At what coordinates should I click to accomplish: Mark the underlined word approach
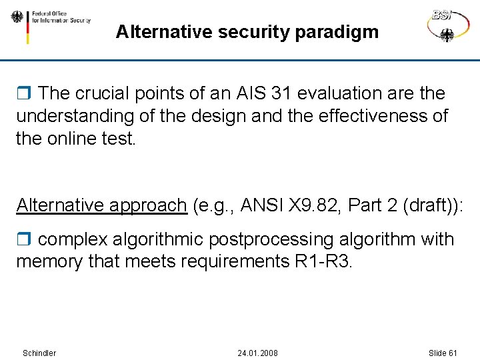(153, 205)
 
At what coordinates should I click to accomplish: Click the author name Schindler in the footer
(39, 353)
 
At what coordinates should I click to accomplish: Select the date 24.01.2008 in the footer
(257, 353)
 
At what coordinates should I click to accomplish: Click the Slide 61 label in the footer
(443, 353)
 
